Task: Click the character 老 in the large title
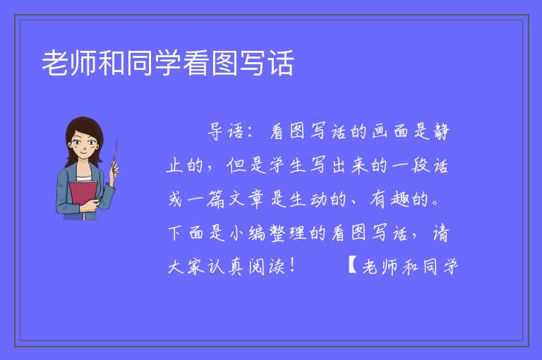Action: click(55, 63)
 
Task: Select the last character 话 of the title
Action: click(281, 63)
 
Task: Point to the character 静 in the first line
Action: click(440, 131)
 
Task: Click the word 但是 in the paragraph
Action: click(246, 165)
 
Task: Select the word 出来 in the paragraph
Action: click(350, 165)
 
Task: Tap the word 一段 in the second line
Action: click(411, 165)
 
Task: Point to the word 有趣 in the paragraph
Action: click(390, 199)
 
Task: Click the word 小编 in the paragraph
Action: click(248, 233)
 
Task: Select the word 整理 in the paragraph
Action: click(288, 233)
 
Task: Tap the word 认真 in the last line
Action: click(226, 267)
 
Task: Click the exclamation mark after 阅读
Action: click(293, 265)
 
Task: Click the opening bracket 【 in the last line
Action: click(353, 265)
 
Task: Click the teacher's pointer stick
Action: click(115, 155)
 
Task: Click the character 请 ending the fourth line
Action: click(440, 233)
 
